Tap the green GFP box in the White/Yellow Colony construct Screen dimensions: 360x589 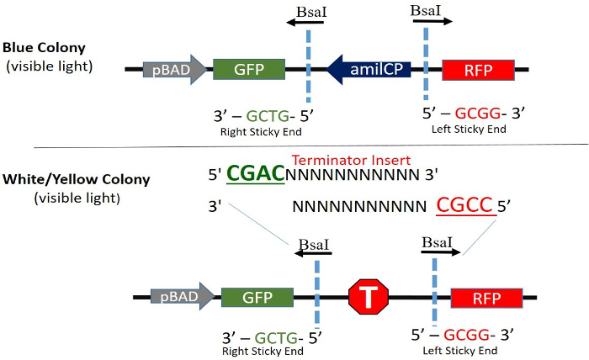tap(257, 296)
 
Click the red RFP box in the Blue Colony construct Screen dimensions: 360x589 tap(475, 70)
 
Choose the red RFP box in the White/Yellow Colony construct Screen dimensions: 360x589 tap(486, 296)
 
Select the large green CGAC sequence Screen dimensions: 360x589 tap(256, 174)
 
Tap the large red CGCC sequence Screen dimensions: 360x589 tap(464, 204)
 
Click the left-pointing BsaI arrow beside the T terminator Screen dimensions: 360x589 tap(313, 252)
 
